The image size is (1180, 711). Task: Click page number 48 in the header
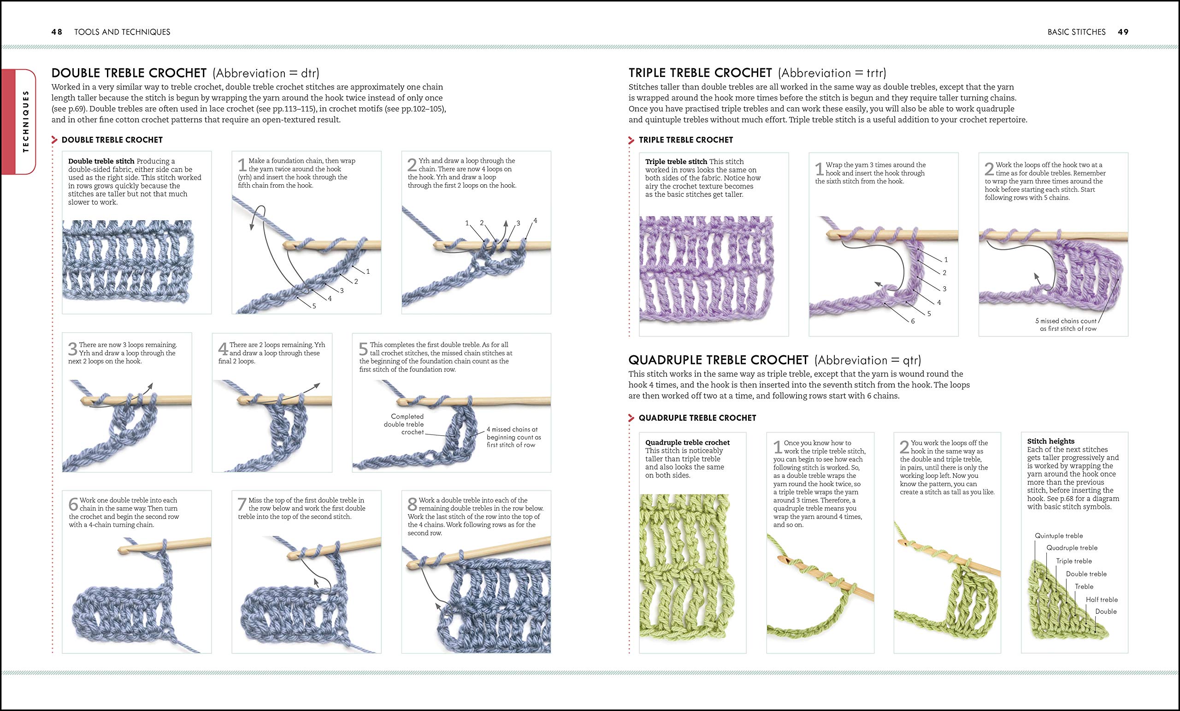[57, 32]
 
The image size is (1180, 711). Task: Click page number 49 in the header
[1123, 32]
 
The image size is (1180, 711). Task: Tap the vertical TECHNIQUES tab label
[26, 122]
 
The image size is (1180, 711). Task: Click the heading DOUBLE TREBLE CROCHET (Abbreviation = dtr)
[185, 73]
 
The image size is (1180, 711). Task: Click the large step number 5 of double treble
[364, 348]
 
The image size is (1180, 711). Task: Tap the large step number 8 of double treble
[413, 504]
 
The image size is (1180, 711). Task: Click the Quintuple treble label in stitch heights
[1059, 536]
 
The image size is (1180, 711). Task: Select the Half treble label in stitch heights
[1102, 599]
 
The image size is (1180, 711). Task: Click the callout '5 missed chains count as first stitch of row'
[1066, 324]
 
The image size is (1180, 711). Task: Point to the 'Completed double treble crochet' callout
[404, 424]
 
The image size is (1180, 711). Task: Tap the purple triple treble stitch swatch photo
[706, 270]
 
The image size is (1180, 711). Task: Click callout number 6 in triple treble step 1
[913, 321]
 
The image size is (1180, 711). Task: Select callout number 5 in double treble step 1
[314, 306]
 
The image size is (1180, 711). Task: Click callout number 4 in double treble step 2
[535, 221]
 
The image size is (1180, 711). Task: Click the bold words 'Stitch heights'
[1050, 441]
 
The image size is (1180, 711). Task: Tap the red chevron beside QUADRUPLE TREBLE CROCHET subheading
[631, 418]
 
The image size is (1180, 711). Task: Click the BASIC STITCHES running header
[1077, 32]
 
